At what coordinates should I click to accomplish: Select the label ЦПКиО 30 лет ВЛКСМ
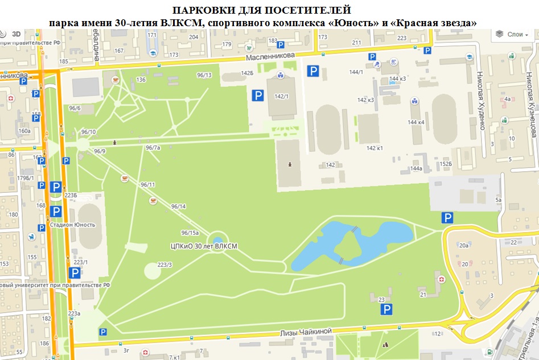pyautogui.click(x=204, y=246)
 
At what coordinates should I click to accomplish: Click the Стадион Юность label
pyautogui.click(x=72, y=225)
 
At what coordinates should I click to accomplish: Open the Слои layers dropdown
pyautogui.click(x=511, y=35)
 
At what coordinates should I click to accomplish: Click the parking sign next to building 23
pyautogui.click(x=386, y=309)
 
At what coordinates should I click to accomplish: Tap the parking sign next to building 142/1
pyautogui.click(x=258, y=96)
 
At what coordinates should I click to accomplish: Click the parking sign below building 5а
pyautogui.click(x=448, y=217)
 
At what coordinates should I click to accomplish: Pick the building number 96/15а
pyautogui.click(x=190, y=233)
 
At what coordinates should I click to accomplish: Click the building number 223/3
pyautogui.click(x=164, y=265)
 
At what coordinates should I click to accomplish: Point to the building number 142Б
pyautogui.click(x=246, y=73)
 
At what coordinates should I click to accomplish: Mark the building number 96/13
pyautogui.click(x=204, y=75)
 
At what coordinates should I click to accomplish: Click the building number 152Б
pyautogui.click(x=446, y=164)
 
